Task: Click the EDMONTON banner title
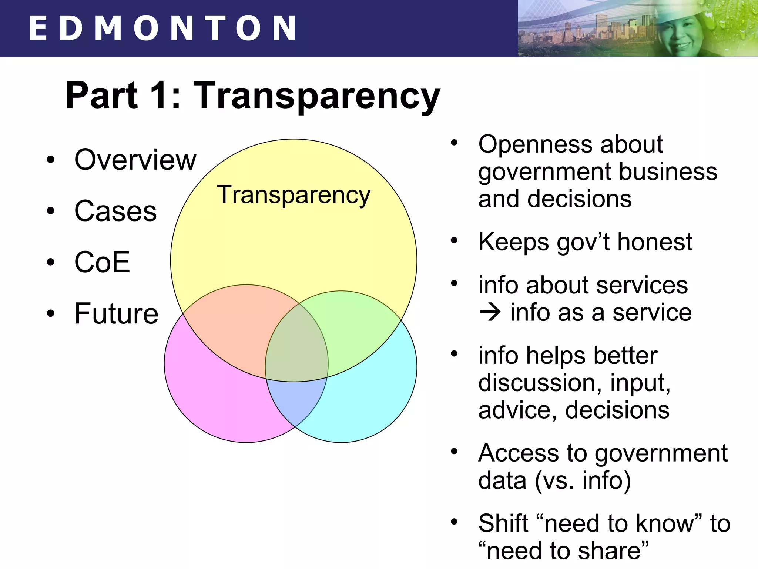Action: pyautogui.click(x=162, y=28)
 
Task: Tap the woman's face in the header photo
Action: pyautogui.click(x=680, y=33)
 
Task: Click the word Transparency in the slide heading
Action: pyautogui.click(x=317, y=96)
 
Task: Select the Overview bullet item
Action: pyautogui.click(x=135, y=160)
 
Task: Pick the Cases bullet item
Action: pyautogui.click(x=115, y=211)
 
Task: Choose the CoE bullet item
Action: pyautogui.click(x=103, y=262)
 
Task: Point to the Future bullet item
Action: pyautogui.click(x=116, y=313)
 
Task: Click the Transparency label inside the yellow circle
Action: pyautogui.click(x=293, y=195)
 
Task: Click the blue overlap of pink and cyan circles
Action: pyautogui.click(x=296, y=400)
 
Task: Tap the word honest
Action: pyautogui.click(x=654, y=242)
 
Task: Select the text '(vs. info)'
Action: pyautogui.click(x=583, y=480)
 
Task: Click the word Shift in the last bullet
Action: pyautogui.click(x=503, y=523)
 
